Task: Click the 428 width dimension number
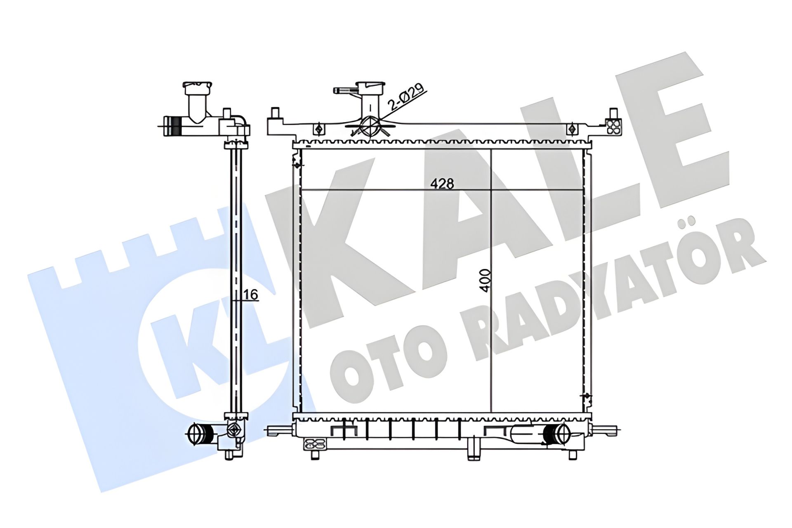point(442,183)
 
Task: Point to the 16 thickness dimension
point(251,295)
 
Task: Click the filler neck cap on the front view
point(370,88)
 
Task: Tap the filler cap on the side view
point(198,88)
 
